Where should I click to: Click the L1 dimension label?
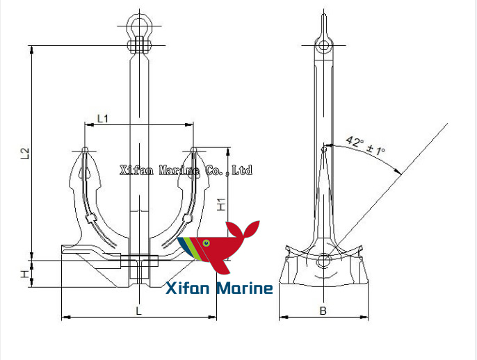coord(102,118)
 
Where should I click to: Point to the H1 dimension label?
coord(220,204)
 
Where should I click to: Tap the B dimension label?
coord(323,311)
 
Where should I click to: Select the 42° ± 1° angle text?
coord(366,145)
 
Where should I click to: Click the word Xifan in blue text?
coord(188,288)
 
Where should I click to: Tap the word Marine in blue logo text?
coord(243,288)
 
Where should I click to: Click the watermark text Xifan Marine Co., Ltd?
coord(186,170)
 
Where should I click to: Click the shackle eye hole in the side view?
coord(323,46)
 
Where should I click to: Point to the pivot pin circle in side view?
coord(323,261)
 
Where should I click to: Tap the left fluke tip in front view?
coord(85,150)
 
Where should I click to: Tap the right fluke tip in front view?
coord(193,150)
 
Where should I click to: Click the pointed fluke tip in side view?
coord(324,148)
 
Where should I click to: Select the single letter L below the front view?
coord(138,311)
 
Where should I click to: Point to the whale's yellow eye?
coord(205,242)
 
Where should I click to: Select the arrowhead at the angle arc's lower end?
coord(399,171)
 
